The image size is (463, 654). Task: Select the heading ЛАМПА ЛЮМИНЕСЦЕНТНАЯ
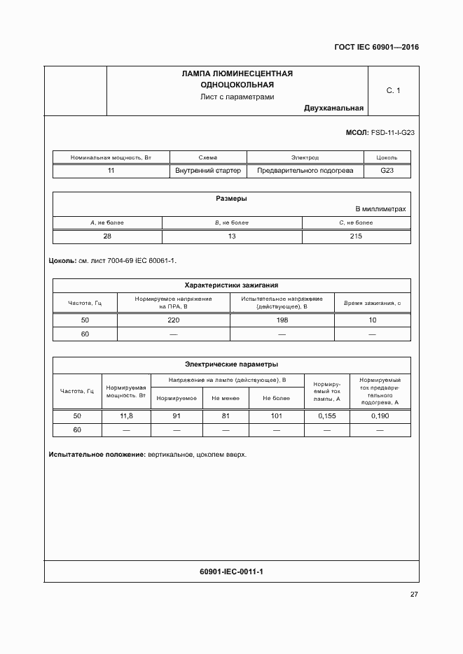[237, 73]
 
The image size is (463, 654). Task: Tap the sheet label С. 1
[393, 91]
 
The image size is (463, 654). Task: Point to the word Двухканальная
[334, 108]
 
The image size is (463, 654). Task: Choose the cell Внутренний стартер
[209, 171]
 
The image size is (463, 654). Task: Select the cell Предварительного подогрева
[305, 171]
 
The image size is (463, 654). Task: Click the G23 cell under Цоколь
[387, 171]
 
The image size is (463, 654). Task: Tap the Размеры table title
[231, 199]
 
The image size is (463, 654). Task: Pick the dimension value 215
[355, 236]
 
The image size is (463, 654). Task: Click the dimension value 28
[107, 236]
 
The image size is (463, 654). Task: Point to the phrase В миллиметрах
[380, 209]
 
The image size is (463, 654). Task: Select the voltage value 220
[174, 320]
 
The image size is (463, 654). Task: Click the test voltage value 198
[282, 320]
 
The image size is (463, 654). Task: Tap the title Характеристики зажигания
[231, 285]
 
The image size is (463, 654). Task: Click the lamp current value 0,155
[327, 415]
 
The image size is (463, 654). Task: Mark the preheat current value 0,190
[379, 415]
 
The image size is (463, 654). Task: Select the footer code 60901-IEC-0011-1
[231, 571]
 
